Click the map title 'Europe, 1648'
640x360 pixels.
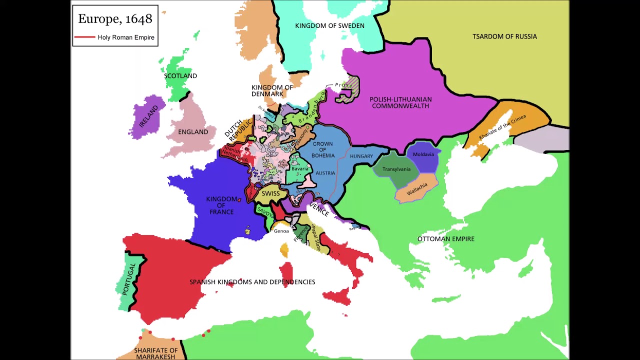point(115,19)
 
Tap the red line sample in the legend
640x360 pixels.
point(84,37)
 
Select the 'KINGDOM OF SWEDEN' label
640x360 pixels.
point(329,25)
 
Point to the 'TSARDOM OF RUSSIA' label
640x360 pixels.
point(504,36)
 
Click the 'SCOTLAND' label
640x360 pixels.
point(180,76)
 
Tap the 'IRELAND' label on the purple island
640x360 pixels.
point(148,116)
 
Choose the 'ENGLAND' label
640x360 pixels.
point(193,132)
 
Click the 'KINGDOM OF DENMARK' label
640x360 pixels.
point(271,90)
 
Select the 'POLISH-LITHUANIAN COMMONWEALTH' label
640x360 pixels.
point(400,102)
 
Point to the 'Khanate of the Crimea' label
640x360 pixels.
point(502,127)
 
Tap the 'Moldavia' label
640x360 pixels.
point(423,154)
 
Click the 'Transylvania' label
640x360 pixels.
point(396,169)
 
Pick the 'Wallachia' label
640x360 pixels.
point(417,189)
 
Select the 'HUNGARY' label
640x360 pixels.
point(361,156)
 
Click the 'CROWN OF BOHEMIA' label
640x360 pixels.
point(322,149)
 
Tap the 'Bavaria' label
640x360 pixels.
point(300,169)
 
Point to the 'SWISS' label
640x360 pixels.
point(270,194)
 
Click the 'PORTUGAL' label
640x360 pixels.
point(129,278)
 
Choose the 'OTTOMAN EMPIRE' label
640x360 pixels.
point(445,239)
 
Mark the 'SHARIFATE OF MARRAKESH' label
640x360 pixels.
point(155,353)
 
